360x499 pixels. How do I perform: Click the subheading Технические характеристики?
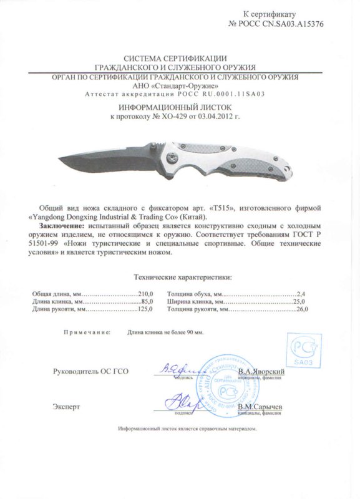[x=179, y=275]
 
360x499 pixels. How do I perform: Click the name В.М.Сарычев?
[x=261, y=407]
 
